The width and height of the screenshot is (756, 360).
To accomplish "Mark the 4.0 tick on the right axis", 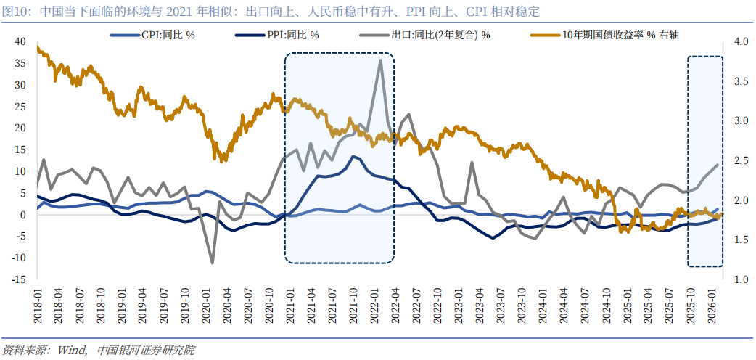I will (x=741, y=42).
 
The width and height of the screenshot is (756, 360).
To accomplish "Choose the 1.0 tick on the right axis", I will (x=741, y=279).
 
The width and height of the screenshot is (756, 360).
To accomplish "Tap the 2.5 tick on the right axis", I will (x=741, y=160).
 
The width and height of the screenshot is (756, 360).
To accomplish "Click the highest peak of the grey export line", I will (x=380, y=60).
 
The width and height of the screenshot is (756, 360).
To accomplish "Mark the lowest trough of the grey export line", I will (x=213, y=263).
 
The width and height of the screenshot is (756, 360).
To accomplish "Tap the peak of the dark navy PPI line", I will (x=353, y=156).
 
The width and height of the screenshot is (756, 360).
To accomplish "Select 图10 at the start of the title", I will (x=15, y=11).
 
